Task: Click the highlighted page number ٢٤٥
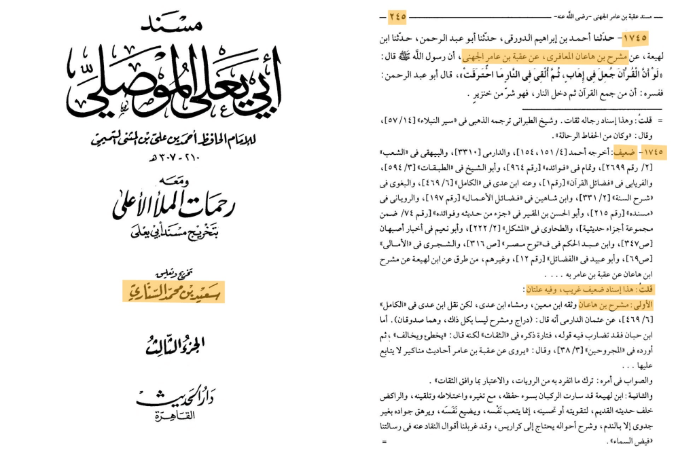tap(397, 15)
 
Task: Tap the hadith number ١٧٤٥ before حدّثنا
tap(633, 37)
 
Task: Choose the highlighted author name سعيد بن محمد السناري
tap(173, 291)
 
